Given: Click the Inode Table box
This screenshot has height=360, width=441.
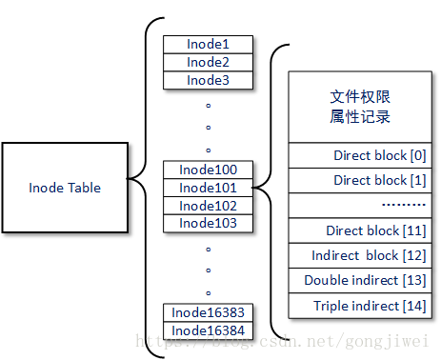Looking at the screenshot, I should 64,188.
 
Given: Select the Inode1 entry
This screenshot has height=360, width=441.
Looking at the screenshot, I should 209,45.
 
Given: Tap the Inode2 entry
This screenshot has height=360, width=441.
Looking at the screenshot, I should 209,62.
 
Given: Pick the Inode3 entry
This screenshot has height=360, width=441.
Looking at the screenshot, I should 209,80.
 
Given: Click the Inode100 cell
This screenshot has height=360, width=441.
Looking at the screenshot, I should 209,170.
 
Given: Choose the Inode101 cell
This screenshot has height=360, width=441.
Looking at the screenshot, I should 209,188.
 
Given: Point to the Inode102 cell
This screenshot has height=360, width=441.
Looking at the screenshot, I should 209,206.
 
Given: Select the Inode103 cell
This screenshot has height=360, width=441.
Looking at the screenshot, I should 209,223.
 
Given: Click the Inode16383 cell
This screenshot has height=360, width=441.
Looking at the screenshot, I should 209,312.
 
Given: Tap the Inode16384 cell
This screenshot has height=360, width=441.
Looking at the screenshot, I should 209,330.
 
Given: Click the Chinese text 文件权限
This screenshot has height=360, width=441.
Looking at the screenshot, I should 360,97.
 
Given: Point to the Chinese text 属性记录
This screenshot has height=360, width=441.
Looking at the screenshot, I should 360,116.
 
